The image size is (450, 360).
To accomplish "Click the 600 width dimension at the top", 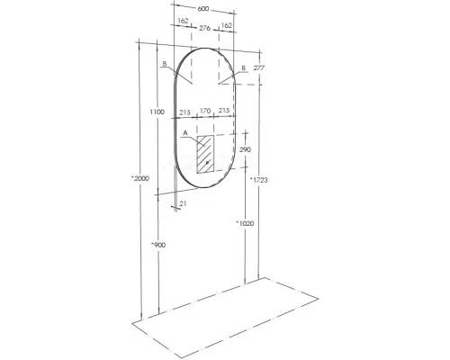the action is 203,9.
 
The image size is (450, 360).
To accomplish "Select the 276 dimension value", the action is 205,28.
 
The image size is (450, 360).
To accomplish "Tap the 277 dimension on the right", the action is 259,67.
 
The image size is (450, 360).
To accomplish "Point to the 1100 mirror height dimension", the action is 157,112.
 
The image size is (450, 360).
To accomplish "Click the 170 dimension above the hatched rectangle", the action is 205,111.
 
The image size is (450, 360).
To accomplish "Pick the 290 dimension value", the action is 246,149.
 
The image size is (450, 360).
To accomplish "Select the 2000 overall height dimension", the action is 140,178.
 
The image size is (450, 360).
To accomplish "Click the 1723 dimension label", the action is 259,180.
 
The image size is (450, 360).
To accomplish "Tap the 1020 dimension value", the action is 245,223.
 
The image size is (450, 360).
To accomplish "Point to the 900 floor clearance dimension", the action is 158,245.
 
